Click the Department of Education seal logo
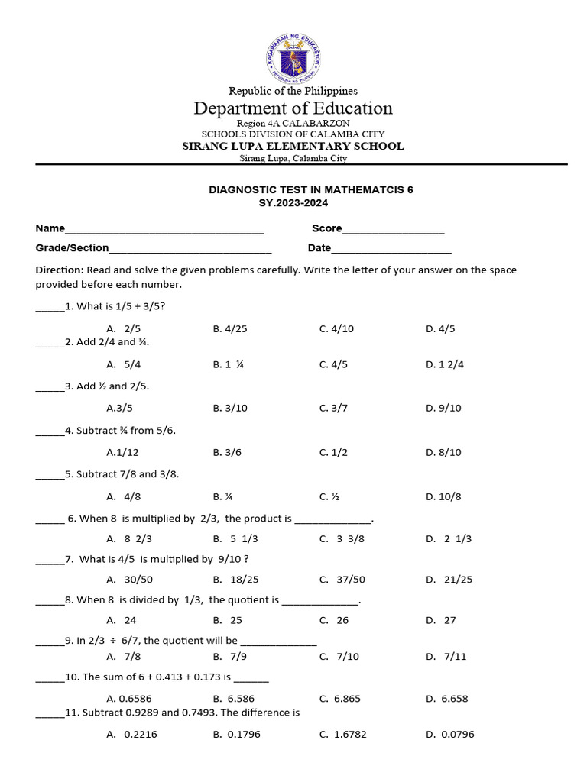(293, 59)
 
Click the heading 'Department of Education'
(293, 108)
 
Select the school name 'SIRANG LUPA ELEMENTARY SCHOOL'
(293, 146)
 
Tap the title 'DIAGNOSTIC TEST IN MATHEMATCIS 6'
(311, 189)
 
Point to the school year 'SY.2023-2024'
(295, 203)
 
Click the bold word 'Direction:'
(60, 270)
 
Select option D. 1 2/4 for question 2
(445, 364)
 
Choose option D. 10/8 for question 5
(443, 496)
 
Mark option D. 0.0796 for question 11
(450, 735)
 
